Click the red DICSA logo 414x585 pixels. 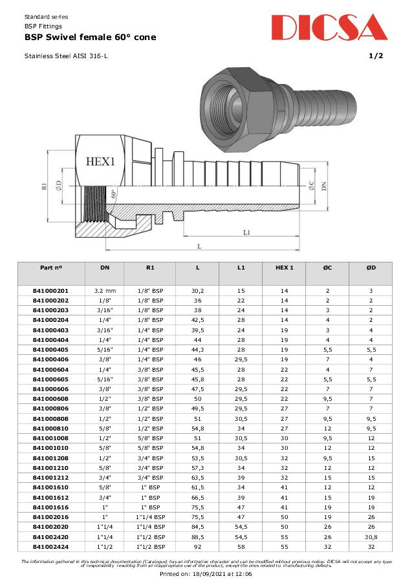point(329,28)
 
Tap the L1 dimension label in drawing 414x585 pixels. point(247,232)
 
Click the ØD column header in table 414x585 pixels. point(371,267)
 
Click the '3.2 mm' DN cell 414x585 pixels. point(105,291)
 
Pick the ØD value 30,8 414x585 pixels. point(371,537)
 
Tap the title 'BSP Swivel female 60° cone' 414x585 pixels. point(90,37)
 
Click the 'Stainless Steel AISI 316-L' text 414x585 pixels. point(66,56)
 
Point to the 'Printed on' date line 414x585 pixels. point(206,573)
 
